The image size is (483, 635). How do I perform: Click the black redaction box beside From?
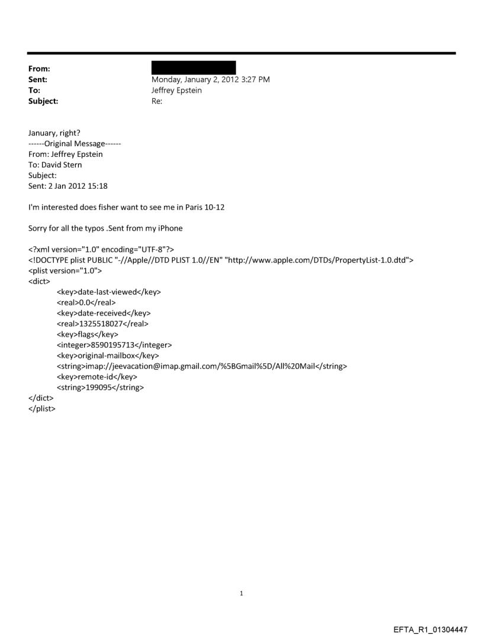coord(194,67)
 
